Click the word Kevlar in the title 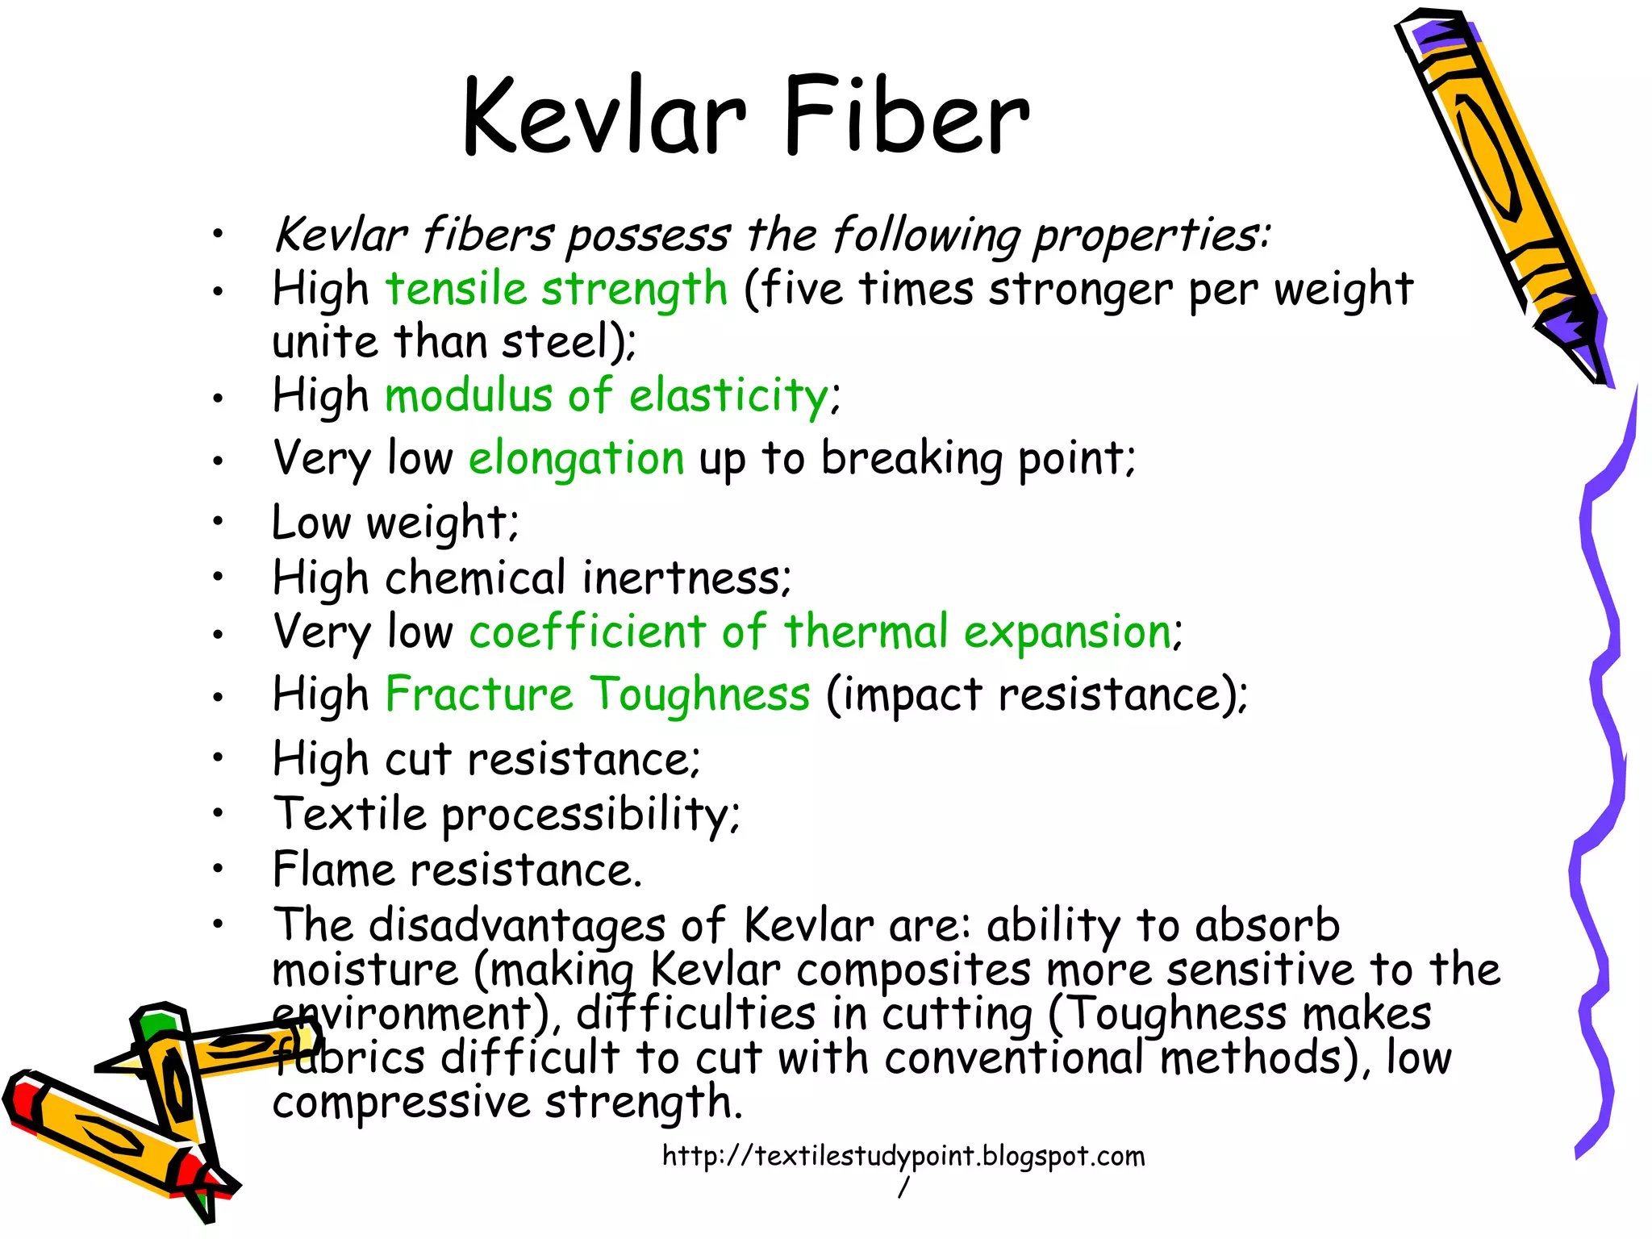click(x=603, y=115)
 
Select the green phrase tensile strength click(x=557, y=289)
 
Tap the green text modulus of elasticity click(x=607, y=396)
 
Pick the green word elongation click(x=576, y=458)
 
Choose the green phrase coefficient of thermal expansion click(x=820, y=631)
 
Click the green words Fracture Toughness click(x=597, y=694)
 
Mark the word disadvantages click(x=516, y=924)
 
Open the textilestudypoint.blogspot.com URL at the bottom click(x=903, y=1157)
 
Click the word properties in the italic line click(x=1149, y=236)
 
